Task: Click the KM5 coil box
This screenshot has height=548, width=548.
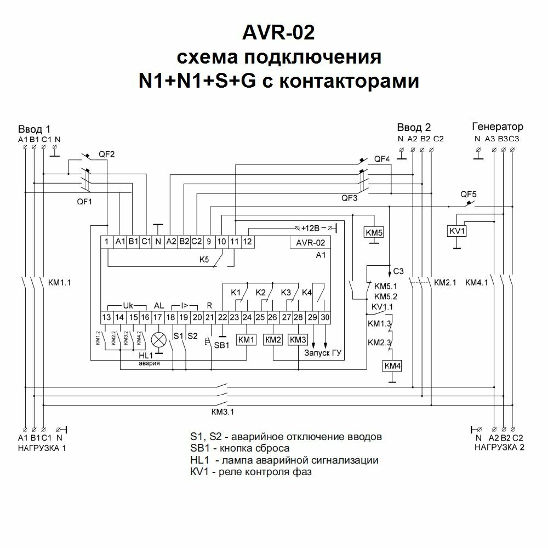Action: [x=374, y=232]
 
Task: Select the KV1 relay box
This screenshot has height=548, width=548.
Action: [x=457, y=231]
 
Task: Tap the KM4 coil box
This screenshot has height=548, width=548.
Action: [x=392, y=366]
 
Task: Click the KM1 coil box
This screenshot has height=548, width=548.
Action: [x=247, y=340]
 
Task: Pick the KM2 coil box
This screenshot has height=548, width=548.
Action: [x=273, y=340]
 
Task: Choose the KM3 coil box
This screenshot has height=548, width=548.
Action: [x=298, y=340]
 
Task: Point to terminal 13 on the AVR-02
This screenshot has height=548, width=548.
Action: [x=106, y=317]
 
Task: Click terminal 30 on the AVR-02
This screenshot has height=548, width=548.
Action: [x=325, y=317]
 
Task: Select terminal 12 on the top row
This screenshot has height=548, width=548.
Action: [x=247, y=241]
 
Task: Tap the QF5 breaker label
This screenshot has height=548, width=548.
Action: [x=469, y=194]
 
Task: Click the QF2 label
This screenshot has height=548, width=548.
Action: [x=106, y=154]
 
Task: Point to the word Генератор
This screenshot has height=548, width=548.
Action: [x=497, y=127]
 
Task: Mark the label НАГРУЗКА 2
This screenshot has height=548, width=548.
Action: [x=499, y=448]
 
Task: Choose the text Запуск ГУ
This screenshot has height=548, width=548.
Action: [x=323, y=353]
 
